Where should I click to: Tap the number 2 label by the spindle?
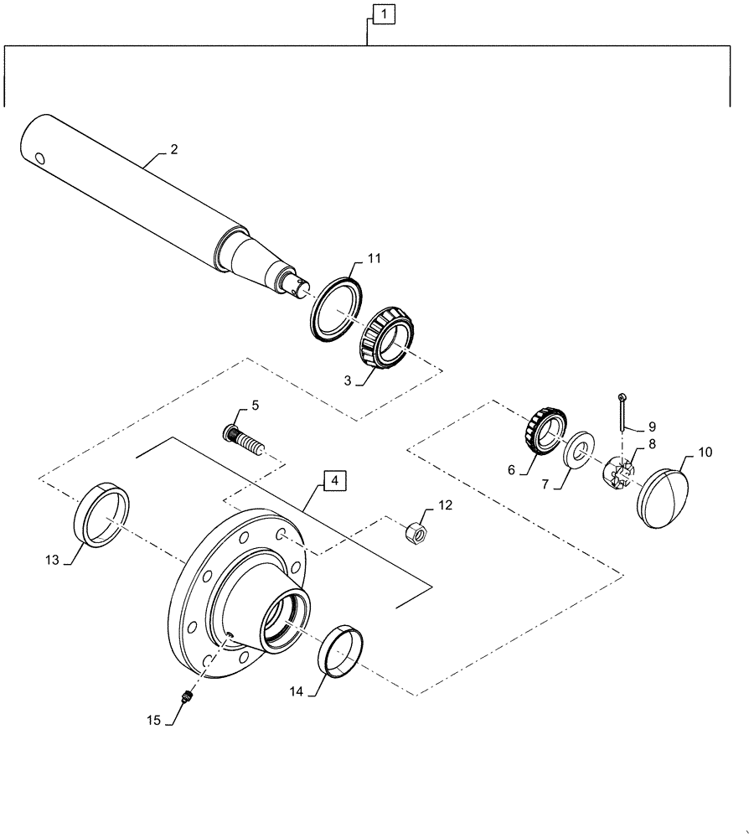173,150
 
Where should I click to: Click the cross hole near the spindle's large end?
40,155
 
